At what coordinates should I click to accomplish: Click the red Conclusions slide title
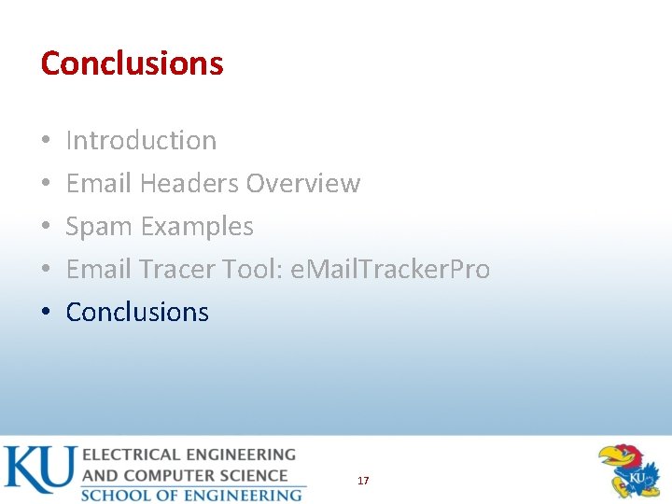(132, 63)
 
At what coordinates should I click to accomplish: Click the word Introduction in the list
(141, 141)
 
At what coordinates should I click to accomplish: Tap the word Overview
(302, 184)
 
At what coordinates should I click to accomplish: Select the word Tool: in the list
(253, 270)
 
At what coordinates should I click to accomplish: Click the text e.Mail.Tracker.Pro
(390, 270)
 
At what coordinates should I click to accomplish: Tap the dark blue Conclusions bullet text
(137, 313)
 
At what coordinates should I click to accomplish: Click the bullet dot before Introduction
(45, 142)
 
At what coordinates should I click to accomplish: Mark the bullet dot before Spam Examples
(45, 228)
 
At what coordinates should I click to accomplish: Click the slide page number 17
(363, 481)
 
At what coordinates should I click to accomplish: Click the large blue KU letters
(39, 470)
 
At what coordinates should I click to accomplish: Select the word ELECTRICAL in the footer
(130, 455)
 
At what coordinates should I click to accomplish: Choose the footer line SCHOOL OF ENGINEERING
(191, 495)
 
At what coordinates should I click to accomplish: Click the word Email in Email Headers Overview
(99, 184)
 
